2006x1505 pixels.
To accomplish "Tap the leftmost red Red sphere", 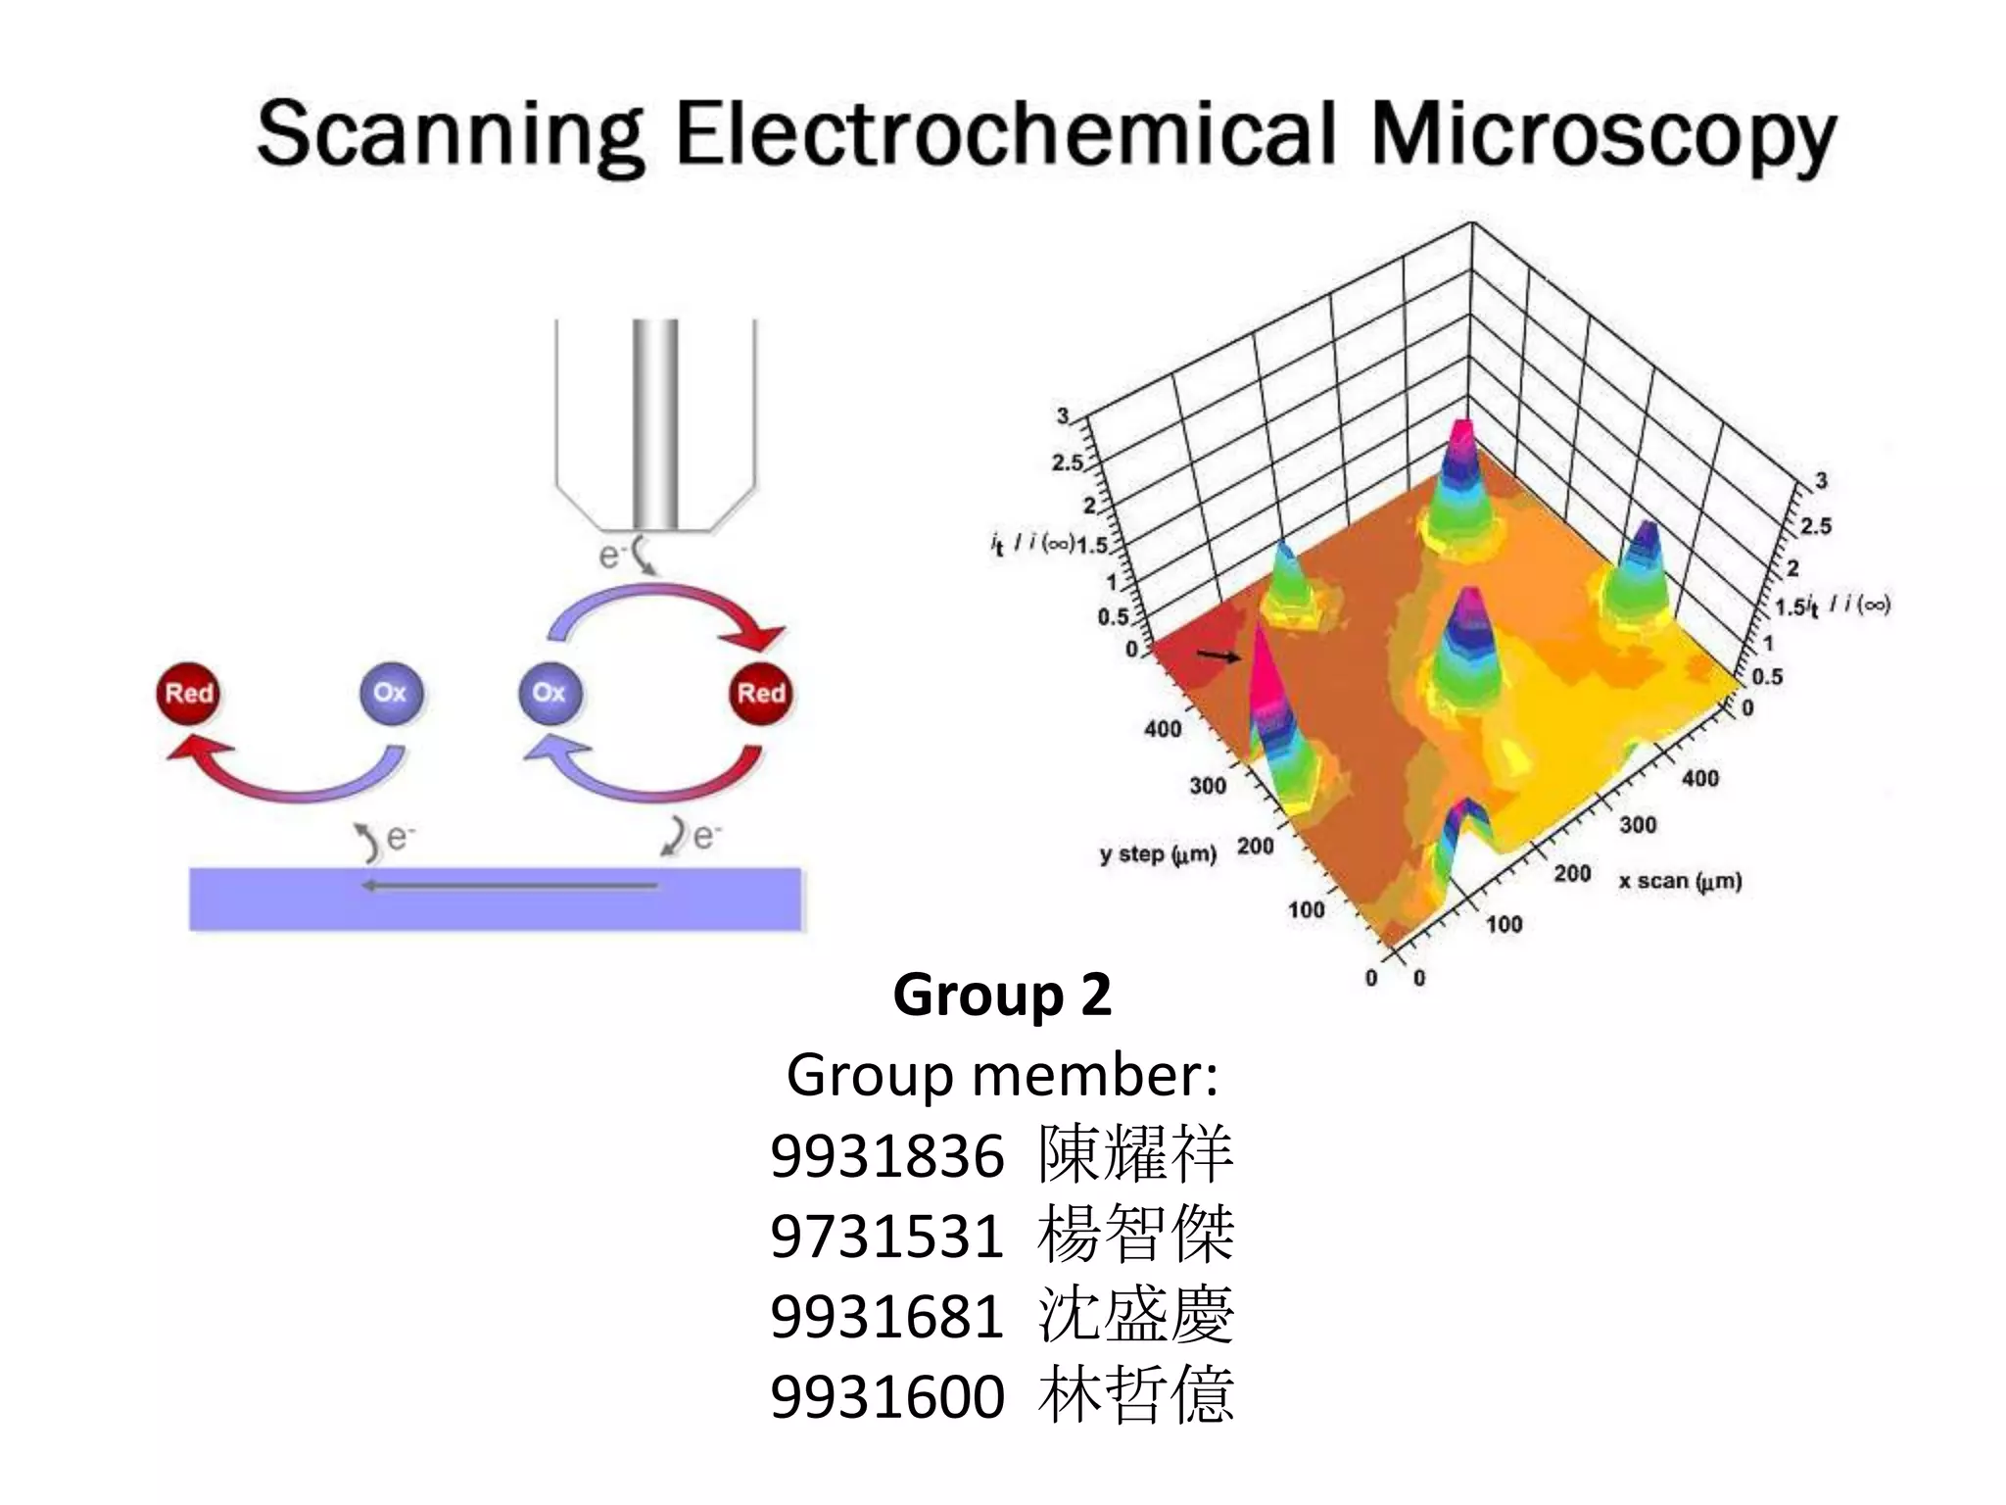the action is [188, 694].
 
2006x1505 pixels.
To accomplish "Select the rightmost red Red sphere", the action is [761, 694].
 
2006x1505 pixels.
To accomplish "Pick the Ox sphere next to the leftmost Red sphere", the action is [390, 693].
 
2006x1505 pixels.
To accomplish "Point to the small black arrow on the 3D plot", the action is [1218, 655].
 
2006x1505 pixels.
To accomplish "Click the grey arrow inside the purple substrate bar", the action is [509, 886].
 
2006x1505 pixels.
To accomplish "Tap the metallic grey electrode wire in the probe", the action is [654, 421].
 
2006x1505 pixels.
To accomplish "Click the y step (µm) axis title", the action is [1157, 854].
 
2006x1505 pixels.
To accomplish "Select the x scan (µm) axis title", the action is [1680, 881].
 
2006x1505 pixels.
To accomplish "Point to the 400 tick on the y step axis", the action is [1163, 729].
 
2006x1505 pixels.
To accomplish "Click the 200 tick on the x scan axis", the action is [1572, 873].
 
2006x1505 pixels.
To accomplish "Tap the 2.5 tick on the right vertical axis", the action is [1815, 526].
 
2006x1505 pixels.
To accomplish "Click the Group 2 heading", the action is [1002, 995].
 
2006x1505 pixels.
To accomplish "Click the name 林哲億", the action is [1135, 1395].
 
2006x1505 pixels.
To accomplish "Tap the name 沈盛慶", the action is [1135, 1315].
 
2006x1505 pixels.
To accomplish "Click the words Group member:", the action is [1002, 1076].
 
